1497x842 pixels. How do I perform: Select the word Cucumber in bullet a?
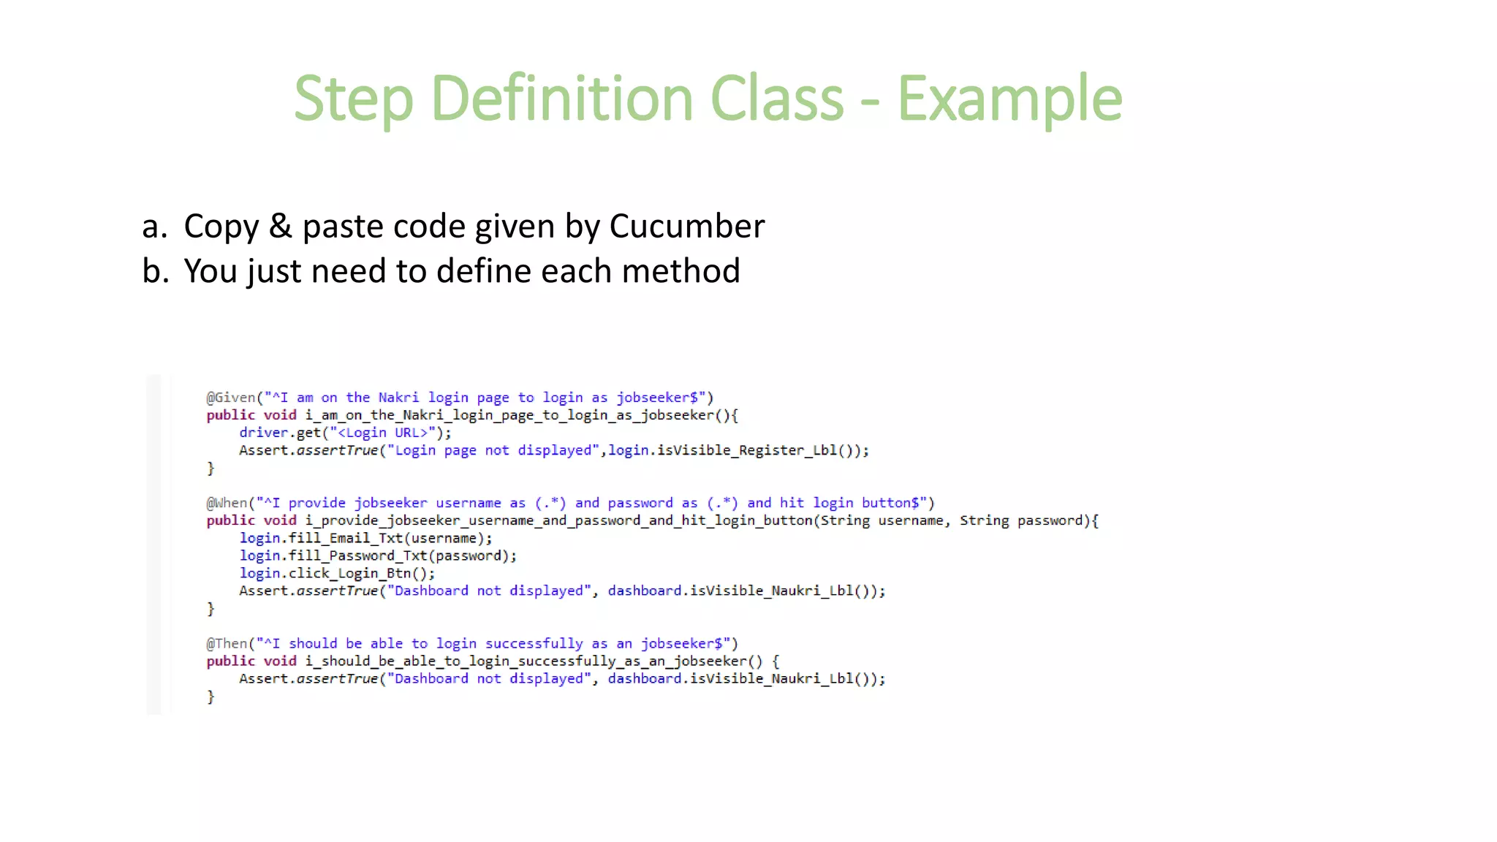point(686,226)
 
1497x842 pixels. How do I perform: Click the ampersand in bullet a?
point(280,226)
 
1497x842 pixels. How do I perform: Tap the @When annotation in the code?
point(227,503)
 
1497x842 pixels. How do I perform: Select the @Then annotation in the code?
point(227,643)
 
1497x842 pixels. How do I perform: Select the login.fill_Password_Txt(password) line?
point(376,555)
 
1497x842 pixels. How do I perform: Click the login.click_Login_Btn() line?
point(336,573)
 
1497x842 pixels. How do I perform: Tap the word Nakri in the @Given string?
point(398,398)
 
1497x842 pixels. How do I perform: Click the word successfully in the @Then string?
point(534,643)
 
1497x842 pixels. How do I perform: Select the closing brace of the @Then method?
point(211,697)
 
